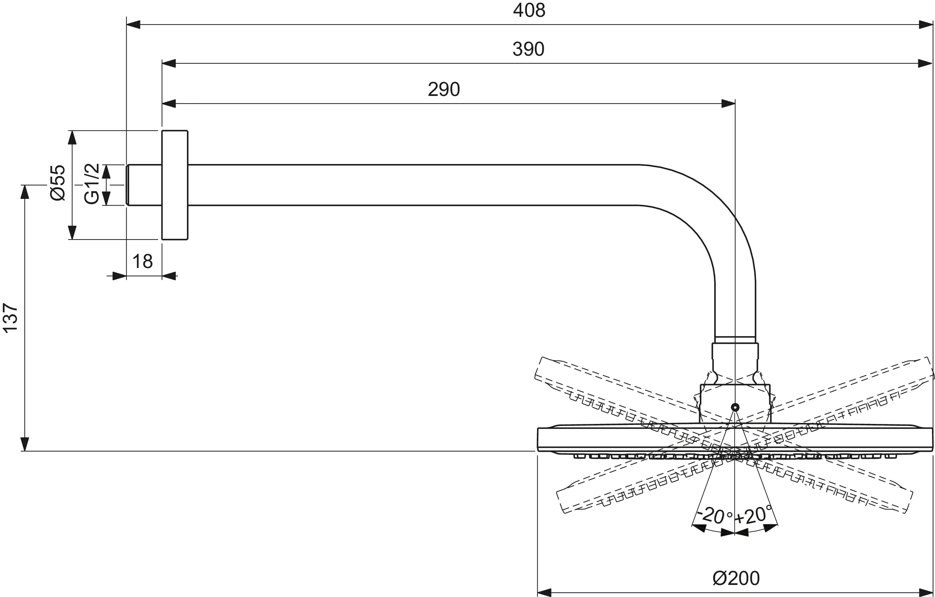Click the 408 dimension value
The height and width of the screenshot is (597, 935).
coord(529,11)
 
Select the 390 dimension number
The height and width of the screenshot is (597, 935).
coord(528,49)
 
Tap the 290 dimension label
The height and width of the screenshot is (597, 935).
coord(444,90)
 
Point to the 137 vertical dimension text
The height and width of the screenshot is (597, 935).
coord(11,318)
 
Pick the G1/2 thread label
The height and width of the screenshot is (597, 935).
coord(92,184)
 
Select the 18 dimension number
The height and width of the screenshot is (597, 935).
coord(142,262)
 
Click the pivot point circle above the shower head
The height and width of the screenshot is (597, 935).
coord(735,407)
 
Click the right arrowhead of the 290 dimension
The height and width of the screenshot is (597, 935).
coord(728,104)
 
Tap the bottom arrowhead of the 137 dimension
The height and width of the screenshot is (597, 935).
coord(25,444)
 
